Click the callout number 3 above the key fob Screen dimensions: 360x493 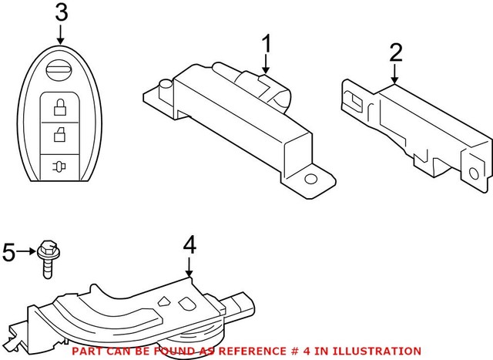pyautogui.click(x=61, y=13)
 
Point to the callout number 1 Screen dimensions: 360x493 pyautogui.click(x=267, y=45)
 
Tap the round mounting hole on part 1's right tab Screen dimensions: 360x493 pyautogui.click(x=312, y=179)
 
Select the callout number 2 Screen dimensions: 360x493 pyautogui.click(x=396, y=53)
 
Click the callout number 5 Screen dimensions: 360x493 pyautogui.click(x=10, y=252)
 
